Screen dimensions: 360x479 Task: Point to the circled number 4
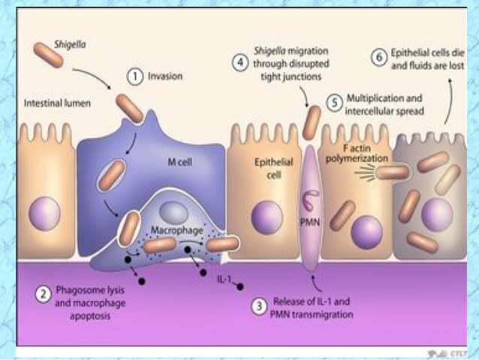coord(240,64)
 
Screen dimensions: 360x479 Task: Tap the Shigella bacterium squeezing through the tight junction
coord(310,123)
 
